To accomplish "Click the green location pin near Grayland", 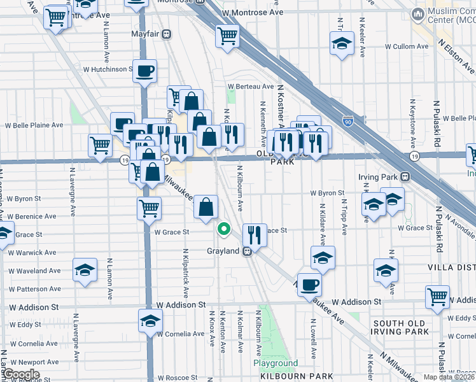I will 224,229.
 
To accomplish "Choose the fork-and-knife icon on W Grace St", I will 255,235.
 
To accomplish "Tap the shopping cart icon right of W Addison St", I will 438,295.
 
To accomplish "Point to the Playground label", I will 276,364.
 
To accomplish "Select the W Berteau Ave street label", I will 251,87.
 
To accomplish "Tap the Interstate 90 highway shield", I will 346,120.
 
